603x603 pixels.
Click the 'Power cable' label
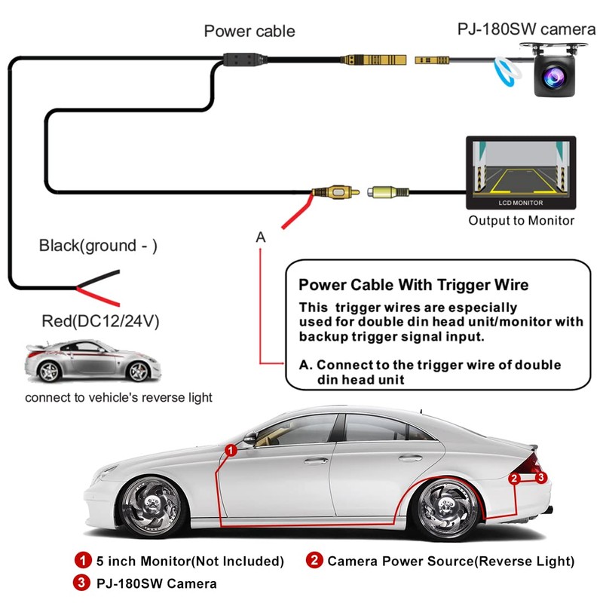(249, 31)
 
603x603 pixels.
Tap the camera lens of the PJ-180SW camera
(553, 77)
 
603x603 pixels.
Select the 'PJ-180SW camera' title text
(526, 29)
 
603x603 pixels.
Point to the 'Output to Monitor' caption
(521, 221)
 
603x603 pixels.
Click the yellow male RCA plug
(335, 191)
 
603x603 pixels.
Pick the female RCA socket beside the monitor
(387, 191)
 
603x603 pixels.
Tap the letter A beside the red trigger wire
(261, 237)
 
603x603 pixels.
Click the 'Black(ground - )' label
(98, 246)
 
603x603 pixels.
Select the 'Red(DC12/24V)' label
(100, 321)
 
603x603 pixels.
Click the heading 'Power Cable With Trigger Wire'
(413, 285)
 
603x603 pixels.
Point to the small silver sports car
(92, 361)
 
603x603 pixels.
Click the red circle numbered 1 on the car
(231, 450)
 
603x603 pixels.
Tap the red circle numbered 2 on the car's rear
(514, 479)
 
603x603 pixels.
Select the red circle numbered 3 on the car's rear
(541, 477)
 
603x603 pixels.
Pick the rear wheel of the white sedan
(447, 507)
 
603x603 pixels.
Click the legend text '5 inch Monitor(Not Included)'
(190, 561)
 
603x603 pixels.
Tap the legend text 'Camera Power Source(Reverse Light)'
(451, 561)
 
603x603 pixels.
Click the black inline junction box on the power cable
(245, 60)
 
